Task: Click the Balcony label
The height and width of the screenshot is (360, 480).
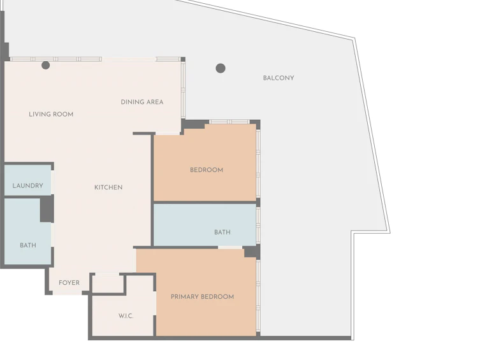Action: pyautogui.click(x=279, y=78)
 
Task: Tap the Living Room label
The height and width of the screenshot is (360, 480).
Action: pyautogui.click(x=51, y=115)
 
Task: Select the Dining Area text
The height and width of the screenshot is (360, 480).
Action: pyautogui.click(x=142, y=102)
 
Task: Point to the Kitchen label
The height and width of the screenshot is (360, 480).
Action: pyautogui.click(x=108, y=187)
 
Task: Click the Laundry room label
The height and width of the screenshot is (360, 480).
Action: pyautogui.click(x=28, y=185)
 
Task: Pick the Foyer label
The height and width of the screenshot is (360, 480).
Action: pyautogui.click(x=69, y=283)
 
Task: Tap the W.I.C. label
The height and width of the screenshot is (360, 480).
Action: pyautogui.click(x=126, y=316)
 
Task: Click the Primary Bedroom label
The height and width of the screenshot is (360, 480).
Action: pyautogui.click(x=202, y=297)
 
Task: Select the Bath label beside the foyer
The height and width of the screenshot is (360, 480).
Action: pyautogui.click(x=28, y=245)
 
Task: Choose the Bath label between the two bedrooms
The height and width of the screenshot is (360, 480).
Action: pyautogui.click(x=222, y=232)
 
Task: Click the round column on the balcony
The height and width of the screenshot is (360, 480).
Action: pyautogui.click(x=221, y=68)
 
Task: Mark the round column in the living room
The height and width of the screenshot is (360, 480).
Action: pyautogui.click(x=46, y=65)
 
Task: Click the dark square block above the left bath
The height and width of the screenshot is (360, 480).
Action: pyautogui.click(x=47, y=209)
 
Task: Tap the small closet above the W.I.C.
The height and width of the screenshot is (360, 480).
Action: pyautogui.click(x=108, y=284)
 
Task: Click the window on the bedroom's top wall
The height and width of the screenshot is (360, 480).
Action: pyautogui.click(x=229, y=122)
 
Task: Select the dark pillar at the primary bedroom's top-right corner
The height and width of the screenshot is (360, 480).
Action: pyautogui.click(x=252, y=252)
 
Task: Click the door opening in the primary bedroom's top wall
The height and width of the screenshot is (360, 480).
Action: pyautogui.click(x=230, y=247)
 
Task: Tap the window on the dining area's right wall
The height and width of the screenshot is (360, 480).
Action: pyautogui.click(x=183, y=90)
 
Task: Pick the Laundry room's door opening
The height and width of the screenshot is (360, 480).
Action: pyautogui.click(x=53, y=182)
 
